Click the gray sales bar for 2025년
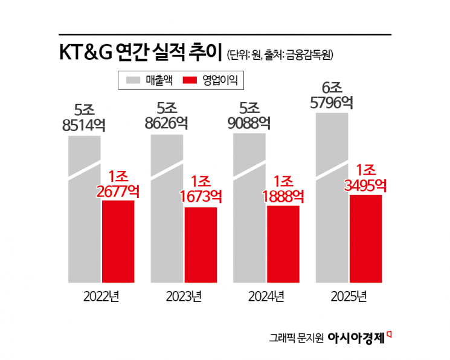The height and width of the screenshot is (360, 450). (x=332, y=211)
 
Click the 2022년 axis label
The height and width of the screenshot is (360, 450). (x=102, y=297)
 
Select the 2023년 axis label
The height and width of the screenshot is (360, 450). (x=184, y=297)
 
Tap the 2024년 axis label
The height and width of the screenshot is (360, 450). (x=266, y=297)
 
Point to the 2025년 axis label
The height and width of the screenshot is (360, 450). (x=349, y=297)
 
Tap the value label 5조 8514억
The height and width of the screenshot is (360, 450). (x=84, y=118)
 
